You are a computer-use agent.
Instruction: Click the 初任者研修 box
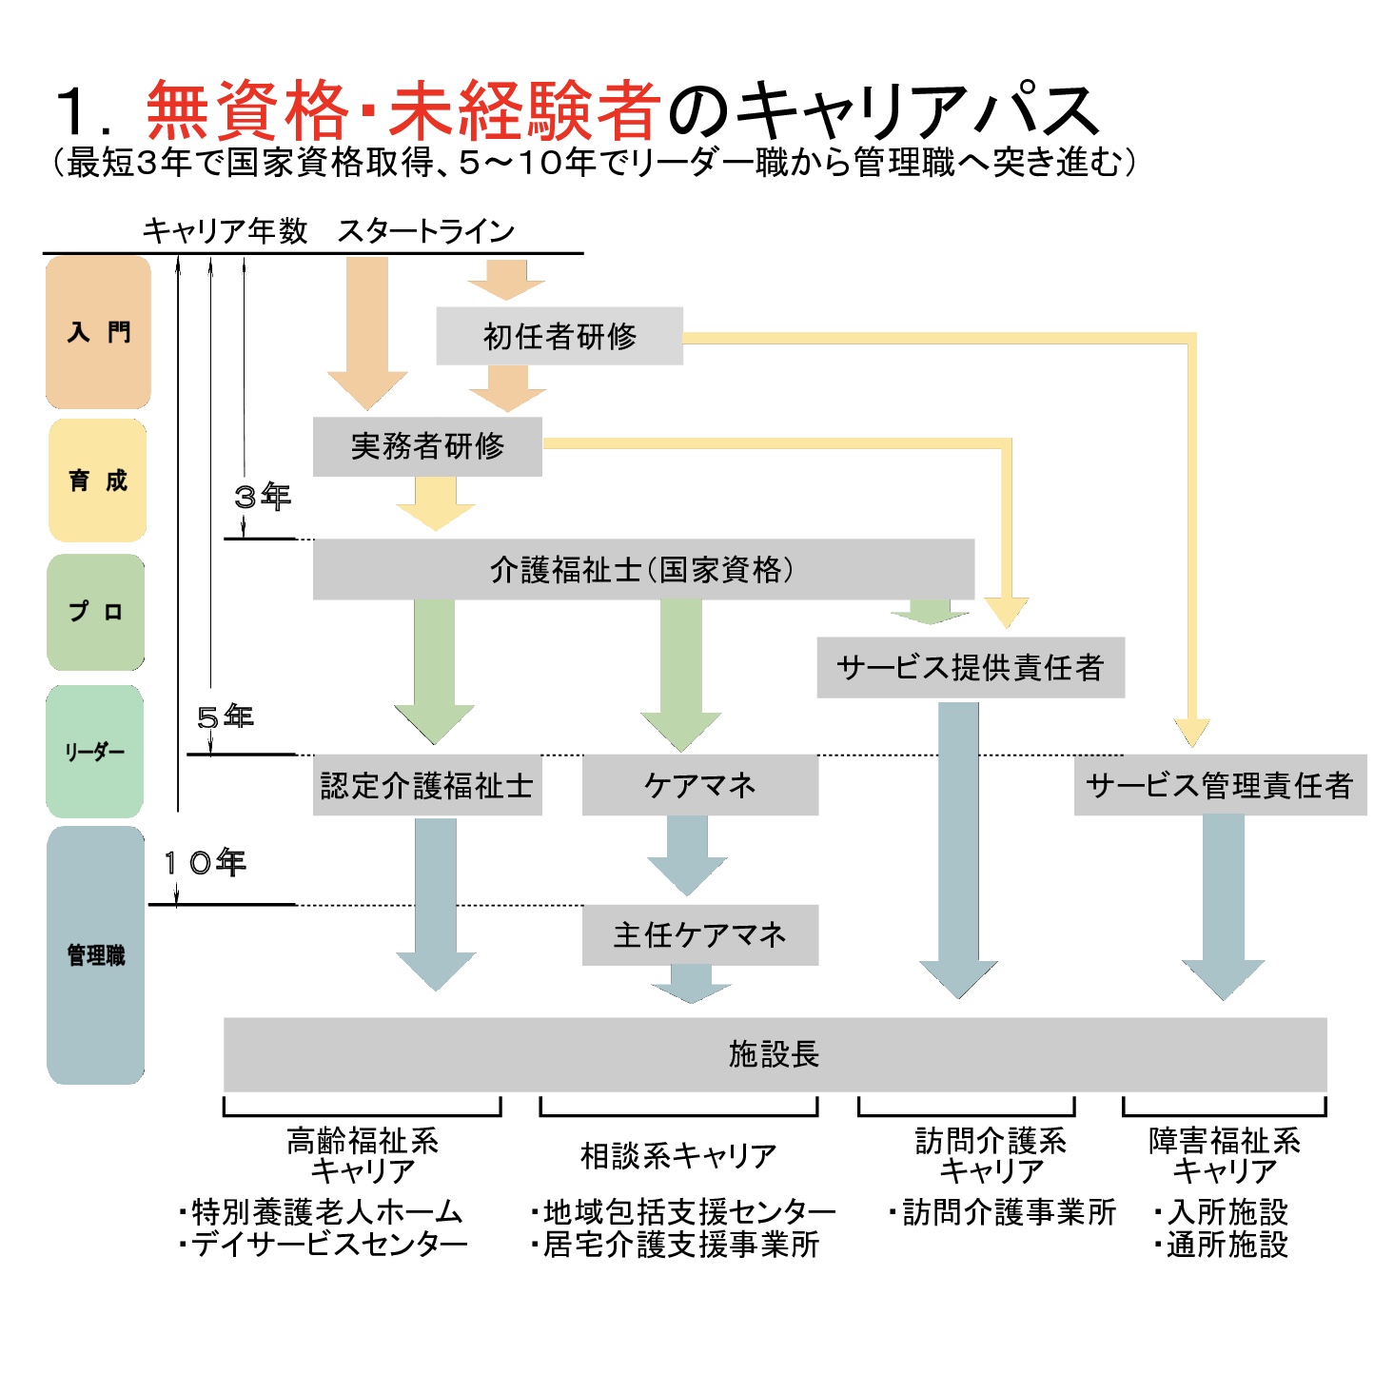point(559,336)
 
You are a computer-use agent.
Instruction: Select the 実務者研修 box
point(427,445)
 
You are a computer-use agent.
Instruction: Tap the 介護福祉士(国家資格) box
point(643,569)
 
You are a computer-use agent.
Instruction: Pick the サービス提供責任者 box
point(971,667)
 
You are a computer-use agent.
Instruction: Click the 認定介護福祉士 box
point(427,785)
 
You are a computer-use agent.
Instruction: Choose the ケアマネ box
point(699,785)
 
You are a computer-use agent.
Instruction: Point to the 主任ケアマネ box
point(699,934)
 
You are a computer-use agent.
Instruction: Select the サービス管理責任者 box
point(1220,785)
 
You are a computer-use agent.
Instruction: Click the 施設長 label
point(774,1053)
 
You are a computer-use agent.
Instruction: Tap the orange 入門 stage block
point(98,332)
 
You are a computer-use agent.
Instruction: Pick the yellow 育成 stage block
point(98,481)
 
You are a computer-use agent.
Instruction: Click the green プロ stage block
point(96,612)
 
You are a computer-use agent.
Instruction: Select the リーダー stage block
point(95,752)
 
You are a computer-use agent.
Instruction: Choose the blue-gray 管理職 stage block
point(95,955)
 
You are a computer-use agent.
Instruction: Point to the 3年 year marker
point(263,496)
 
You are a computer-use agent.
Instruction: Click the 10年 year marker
point(205,863)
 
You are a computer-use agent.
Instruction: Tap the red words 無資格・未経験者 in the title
point(403,110)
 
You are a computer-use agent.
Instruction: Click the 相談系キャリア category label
point(678,1155)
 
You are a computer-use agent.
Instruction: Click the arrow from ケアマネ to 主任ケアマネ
point(687,854)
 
